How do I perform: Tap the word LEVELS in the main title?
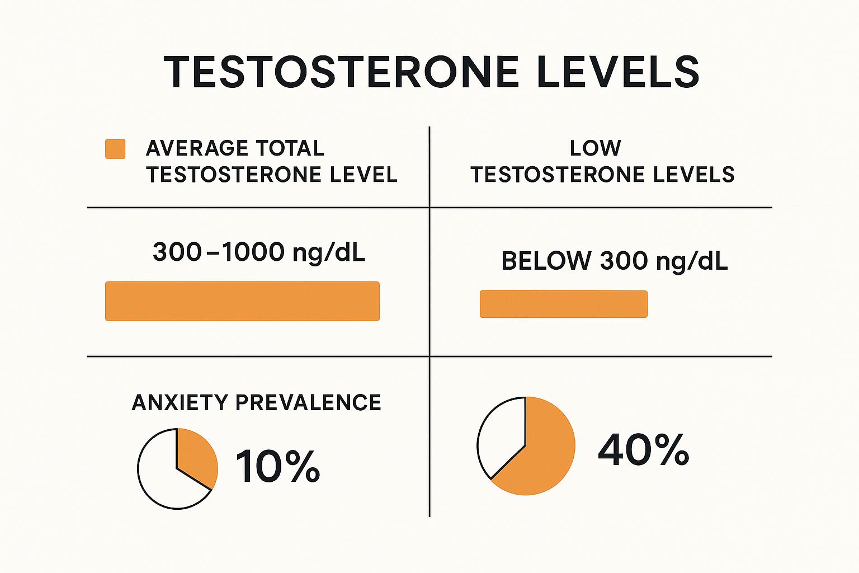618,72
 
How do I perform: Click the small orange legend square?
115,149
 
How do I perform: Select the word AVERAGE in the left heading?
188,148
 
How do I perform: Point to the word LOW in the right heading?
596,148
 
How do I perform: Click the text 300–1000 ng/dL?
259,252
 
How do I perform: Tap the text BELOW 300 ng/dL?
615,261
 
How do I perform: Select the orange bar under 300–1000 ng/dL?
242,301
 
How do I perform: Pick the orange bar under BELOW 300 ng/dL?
564,304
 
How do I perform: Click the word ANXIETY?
180,403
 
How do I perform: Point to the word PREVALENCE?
308,403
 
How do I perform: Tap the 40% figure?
643,450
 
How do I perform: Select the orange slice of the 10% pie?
196,456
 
